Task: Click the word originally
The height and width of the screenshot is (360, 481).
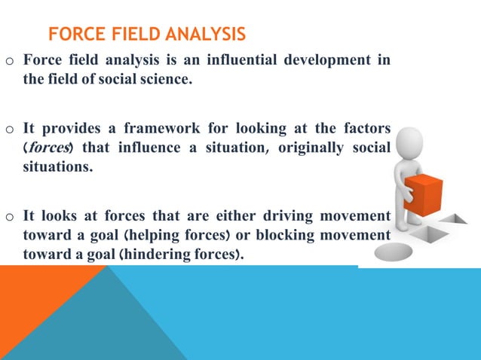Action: [x=311, y=148]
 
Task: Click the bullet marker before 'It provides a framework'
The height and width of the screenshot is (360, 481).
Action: [x=10, y=129]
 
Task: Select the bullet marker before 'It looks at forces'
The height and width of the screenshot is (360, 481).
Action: [x=10, y=218]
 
